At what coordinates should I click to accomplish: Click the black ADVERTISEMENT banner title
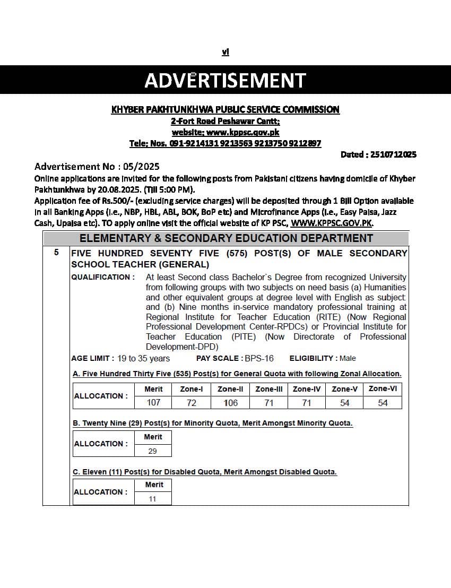point(225,80)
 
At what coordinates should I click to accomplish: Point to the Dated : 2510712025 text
point(378,154)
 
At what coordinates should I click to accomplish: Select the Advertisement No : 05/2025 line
point(97,167)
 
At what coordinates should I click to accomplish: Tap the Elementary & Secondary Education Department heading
point(226,238)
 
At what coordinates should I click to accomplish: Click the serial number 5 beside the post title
point(56,253)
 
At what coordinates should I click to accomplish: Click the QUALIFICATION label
point(103,277)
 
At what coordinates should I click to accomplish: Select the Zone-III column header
point(268,389)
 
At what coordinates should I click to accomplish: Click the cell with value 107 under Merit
point(153,403)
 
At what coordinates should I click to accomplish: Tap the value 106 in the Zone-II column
point(231,403)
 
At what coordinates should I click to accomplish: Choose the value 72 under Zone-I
point(192,403)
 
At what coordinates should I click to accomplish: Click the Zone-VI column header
point(383,389)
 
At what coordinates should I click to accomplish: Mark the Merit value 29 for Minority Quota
point(153,451)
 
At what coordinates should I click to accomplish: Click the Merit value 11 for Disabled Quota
point(153,499)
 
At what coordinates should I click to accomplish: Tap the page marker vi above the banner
point(225,52)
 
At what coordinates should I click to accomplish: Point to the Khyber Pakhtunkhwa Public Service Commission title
point(225,110)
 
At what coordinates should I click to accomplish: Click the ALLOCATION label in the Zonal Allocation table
point(101,396)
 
